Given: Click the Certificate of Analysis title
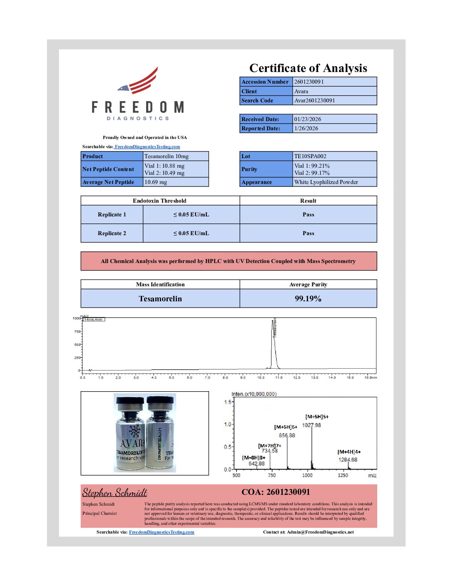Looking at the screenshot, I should [308, 68].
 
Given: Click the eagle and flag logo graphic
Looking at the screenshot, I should [139, 81].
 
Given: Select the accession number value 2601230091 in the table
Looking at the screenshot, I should [309, 82].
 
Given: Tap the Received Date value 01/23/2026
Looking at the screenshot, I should [308, 119].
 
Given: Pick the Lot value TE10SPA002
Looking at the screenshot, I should [310, 156].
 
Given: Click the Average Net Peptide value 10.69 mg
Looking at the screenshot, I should [156, 182].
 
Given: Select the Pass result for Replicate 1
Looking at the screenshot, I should [308, 215].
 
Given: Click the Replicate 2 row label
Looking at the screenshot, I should [112, 233].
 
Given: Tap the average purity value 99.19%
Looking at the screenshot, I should [308, 299].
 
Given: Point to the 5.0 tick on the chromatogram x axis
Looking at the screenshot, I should [172, 377].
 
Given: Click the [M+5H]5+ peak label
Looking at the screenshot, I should [317, 417].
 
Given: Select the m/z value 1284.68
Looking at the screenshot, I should [348, 460].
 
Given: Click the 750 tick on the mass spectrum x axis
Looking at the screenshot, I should [272, 475].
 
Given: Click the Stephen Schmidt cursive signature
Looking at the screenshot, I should [115, 493].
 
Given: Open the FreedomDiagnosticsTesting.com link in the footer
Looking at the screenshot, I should [162, 532].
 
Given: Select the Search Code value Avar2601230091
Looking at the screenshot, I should [314, 101].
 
